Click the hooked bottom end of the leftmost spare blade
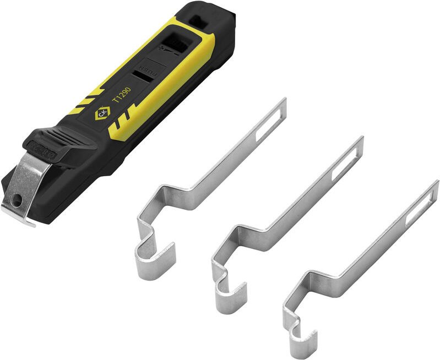(154, 258)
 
